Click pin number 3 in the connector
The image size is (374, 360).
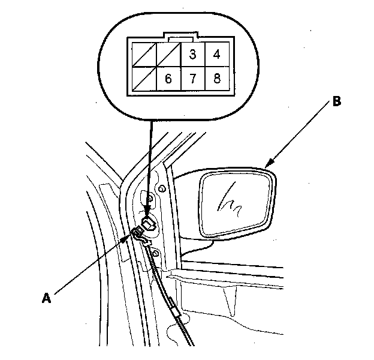point(192,55)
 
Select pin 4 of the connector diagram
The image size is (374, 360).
point(216,55)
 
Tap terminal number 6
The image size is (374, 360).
point(168,79)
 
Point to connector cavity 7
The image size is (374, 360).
point(192,79)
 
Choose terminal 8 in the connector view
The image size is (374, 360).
point(216,79)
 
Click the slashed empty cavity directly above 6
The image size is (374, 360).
point(168,55)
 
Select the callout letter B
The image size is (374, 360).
point(337,102)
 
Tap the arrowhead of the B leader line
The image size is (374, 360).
point(268,164)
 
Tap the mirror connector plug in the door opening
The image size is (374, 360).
point(150,226)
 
